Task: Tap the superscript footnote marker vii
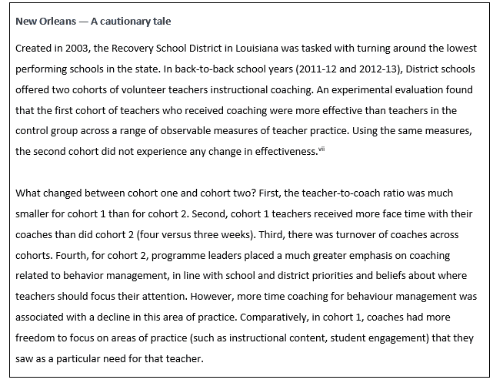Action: (x=321, y=150)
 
